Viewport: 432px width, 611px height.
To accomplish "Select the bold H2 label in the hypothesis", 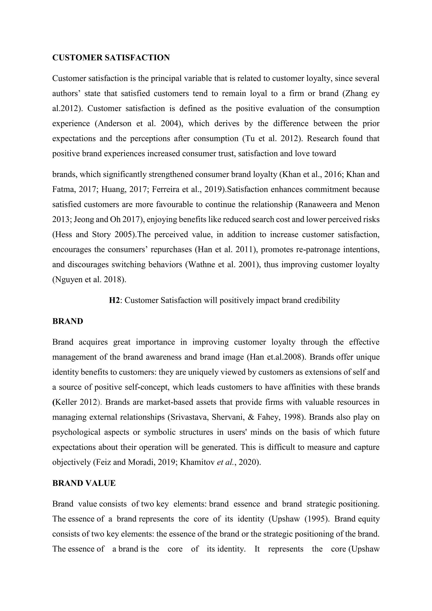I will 114,300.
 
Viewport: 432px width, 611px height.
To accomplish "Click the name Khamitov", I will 197,462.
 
